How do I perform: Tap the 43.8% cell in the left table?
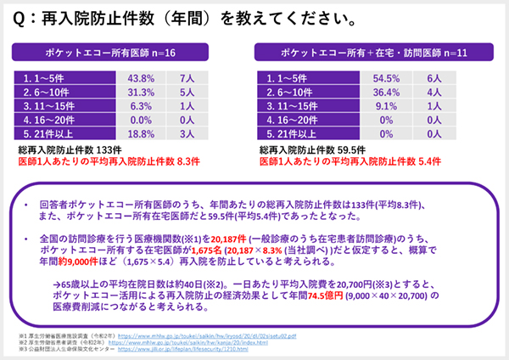click(x=139, y=77)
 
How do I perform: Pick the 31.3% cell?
click(x=139, y=92)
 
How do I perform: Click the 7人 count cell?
click(x=187, y=77)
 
